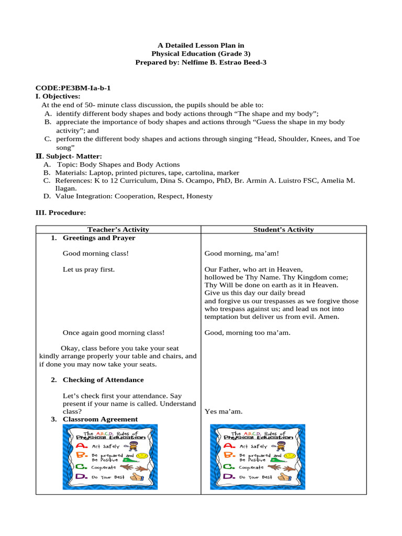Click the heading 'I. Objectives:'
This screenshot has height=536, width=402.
pos(58,96)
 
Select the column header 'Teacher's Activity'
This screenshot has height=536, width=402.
pos(118,229)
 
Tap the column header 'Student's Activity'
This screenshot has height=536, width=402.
pos(283,229)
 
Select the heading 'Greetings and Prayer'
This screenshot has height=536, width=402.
pos(99,238)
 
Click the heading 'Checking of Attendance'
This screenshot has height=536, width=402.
pos(103,379)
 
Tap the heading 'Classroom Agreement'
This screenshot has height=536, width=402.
pos(100,419)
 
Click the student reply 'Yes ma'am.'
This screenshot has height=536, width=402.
pos(224,411)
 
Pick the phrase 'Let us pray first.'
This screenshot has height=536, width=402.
pos(88,269)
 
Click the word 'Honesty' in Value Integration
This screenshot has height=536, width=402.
pos(200,196)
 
